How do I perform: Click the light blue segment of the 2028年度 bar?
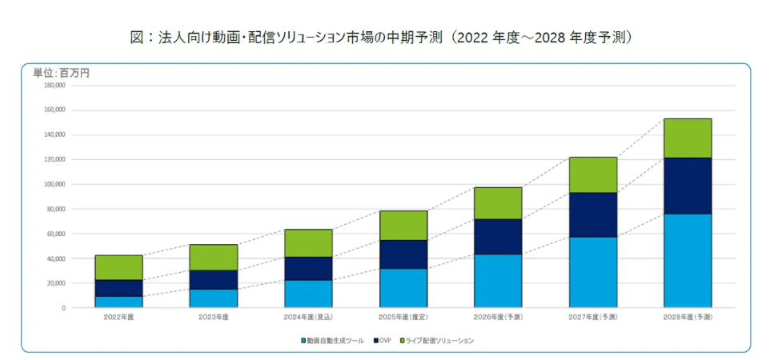pos(688,261)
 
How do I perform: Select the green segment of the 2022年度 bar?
pos(118,267)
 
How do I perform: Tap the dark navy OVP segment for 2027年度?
pos(593,215)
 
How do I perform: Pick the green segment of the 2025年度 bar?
pos(403,226)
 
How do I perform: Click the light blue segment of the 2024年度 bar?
pos(308,294)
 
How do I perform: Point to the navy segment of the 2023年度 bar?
pos(214,279)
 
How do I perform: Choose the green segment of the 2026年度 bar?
pos(498,203)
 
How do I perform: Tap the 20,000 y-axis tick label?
pos(54,283)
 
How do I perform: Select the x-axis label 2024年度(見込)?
pos(308,318)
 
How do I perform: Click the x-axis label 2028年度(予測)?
pos(688,318)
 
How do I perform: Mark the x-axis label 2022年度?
pos(118,318)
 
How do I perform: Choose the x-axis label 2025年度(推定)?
pos(403,318)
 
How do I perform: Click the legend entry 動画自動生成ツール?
pos(333,341)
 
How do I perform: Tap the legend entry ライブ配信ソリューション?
pos(438,341)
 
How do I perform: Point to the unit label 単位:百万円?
pos(61,73)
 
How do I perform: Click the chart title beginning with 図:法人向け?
pos(387,38)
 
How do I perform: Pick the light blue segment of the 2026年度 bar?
pos(498,281)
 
